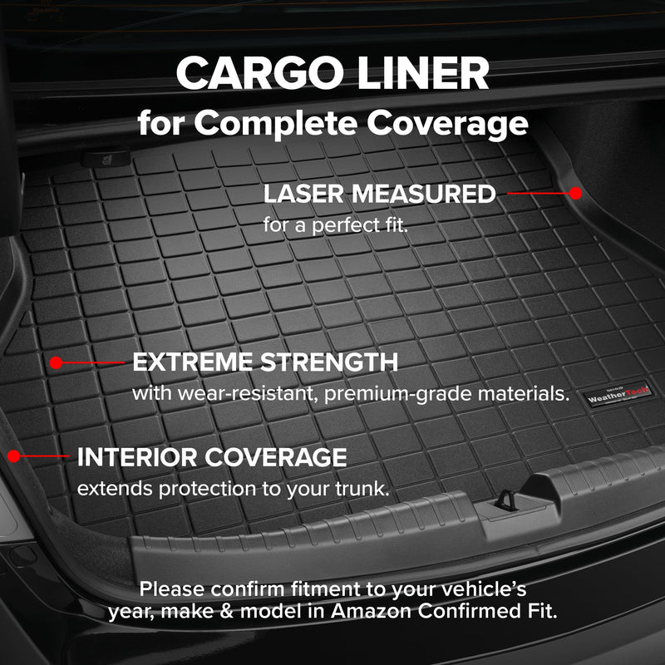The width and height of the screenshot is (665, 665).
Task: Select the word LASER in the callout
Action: click(x=303, y=194)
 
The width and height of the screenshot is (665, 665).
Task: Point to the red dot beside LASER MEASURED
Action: click(x=575, y=192)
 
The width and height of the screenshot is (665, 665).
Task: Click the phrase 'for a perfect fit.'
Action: click(x=336, y=224)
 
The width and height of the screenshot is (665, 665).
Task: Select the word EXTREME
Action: click(x=193, y=362)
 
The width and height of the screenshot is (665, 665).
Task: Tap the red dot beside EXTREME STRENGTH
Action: click(x=56, y=362)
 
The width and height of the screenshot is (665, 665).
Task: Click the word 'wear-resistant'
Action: click(x=247, y=393)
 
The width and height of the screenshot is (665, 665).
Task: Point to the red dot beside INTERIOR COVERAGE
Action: click(x=13, y=456)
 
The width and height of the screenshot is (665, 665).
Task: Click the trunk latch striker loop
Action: click(x=505, y=500)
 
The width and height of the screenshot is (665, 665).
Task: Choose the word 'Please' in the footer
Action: click(x=172, y=589)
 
